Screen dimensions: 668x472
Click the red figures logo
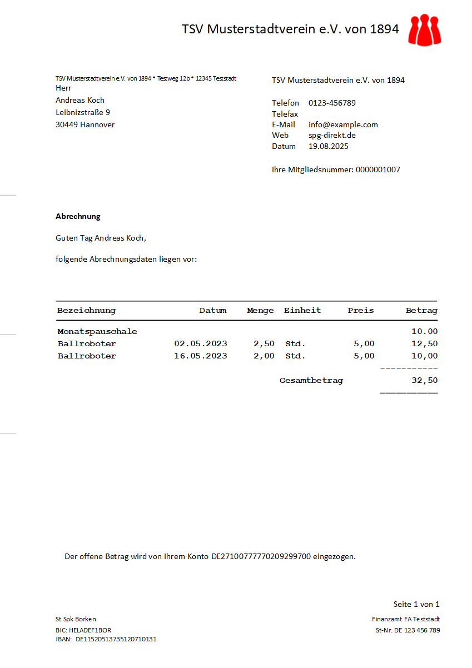click(x=424, y=30)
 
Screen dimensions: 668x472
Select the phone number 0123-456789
click(x=332, y=103)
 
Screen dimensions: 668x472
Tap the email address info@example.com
click(x=343, y=124)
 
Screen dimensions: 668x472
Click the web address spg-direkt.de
click(x=332, y=135)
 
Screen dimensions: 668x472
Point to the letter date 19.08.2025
click(x=328, y=146)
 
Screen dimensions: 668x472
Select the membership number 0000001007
click(x=377, y=170)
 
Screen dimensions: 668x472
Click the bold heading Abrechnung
click(x=78, y=216)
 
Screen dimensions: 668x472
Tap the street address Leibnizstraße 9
click(x=83, y=112)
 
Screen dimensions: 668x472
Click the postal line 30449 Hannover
click(x=85, y=124)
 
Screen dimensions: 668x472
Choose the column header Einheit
click(x=302, y=311)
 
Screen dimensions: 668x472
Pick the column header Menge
click(x=260, y=311)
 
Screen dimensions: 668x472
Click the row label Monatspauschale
click(x=97, y=331)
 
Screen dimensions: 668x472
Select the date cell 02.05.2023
click(x=201, y=343)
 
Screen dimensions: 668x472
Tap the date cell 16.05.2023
click(x=201, y=356)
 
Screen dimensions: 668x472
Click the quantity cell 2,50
click(x=264, y=343)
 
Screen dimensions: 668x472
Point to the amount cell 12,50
click(x=424, y=343)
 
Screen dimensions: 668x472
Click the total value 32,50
click(x=424, y=381)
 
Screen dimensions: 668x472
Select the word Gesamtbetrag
click(x=311, y=381)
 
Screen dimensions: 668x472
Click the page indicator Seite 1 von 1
click(x=416, y=604)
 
